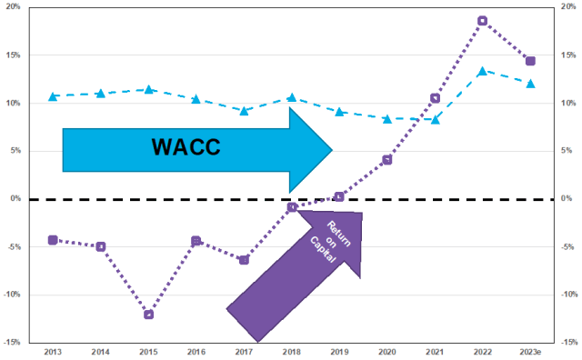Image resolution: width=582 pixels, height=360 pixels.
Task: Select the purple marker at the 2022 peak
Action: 482,21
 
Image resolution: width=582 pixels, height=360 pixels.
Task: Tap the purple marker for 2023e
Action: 530,61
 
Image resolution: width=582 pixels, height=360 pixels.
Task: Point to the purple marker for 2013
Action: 53,240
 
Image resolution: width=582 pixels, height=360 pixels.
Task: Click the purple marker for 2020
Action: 386,160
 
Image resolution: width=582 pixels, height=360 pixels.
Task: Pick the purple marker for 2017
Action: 244,260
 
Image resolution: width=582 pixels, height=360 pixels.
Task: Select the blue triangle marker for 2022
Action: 482,71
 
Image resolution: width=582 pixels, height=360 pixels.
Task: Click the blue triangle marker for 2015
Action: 148,89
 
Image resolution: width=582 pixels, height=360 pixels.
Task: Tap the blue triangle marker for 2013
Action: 53,95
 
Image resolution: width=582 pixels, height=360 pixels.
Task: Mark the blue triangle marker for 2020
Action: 386,118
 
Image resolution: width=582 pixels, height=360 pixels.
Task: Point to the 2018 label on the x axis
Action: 291,350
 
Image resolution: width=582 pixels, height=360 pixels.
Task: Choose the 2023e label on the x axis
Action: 530,350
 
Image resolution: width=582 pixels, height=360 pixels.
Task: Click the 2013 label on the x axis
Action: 53,350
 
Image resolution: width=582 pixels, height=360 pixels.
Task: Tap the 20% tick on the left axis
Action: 15,7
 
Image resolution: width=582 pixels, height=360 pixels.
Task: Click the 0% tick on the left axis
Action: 18,199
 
